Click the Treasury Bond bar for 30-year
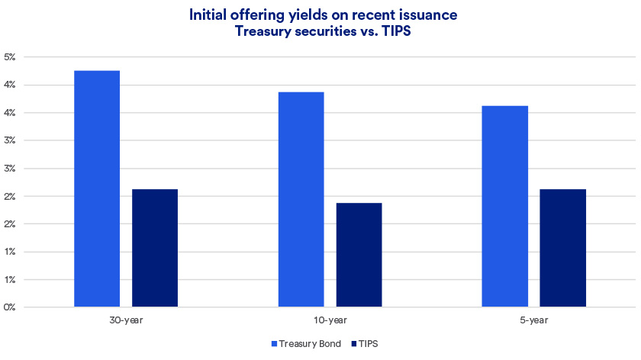[97, 189]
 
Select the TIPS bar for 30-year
[155, 248]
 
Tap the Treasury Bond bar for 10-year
[301, 200]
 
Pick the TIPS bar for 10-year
[359, 255]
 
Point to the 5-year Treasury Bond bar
[505, 207]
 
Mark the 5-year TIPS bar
[563, 248]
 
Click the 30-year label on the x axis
[126, 320]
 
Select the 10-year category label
[330, 320]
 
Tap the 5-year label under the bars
[534, 320]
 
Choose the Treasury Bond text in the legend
[311, 344]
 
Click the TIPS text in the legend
[368, 344]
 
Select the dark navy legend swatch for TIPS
[353, 344]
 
